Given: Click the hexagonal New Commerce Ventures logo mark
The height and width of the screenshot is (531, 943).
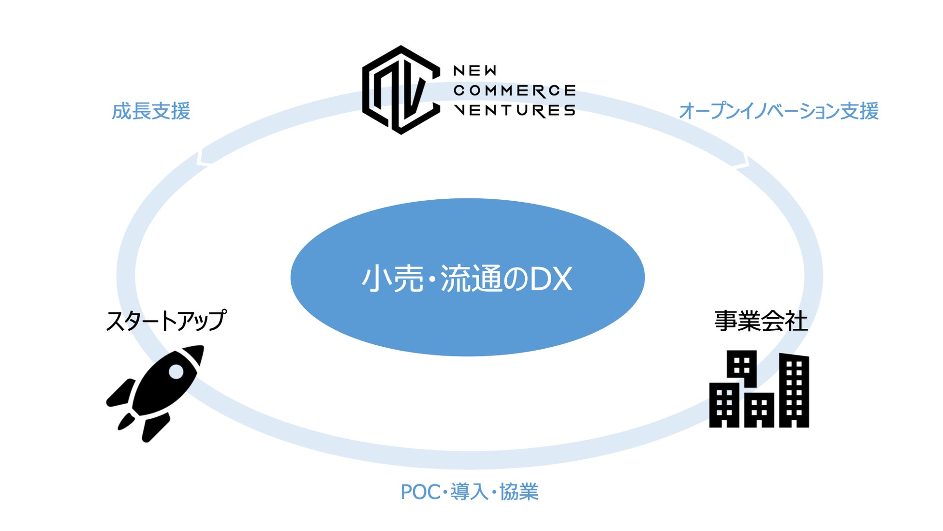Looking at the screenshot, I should click(401, 90).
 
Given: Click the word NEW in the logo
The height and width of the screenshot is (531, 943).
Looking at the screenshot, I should click(474, 71).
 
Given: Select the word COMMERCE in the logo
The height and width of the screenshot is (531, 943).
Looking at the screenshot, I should click(514, 90).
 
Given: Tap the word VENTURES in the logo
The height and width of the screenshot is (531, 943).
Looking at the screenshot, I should click(514, 110).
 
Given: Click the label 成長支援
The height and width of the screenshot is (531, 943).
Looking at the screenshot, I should click(151, 111).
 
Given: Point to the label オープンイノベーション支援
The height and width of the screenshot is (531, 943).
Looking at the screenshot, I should click(779, 111).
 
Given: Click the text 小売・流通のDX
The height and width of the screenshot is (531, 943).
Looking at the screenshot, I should click(467, 279).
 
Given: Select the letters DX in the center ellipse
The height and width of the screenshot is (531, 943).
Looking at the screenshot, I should click(551, 279).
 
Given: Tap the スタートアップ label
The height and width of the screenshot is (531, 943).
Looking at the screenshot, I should click(166, 321).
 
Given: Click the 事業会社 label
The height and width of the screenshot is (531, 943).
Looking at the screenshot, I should click(761, 321).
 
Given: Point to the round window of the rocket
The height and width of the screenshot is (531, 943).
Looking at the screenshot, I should click(176, 372).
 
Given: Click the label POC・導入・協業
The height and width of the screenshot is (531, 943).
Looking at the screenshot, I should click(470, 492).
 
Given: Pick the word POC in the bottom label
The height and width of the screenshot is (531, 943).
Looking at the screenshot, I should click(420, 492).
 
